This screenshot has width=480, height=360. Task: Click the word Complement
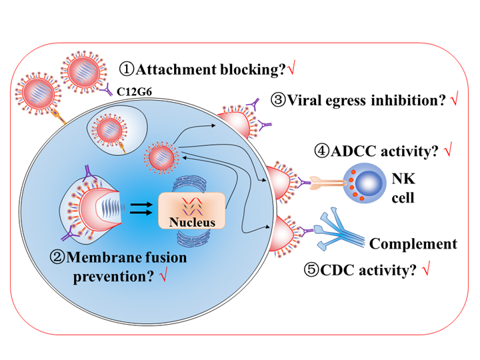pyautogui.click(x=413, y=243)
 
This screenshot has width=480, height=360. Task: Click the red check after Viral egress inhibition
pyautogui.click(x=454, y=101)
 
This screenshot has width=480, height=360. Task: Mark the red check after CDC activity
pyautogui.click(x=426, y=270)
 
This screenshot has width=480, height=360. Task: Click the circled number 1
pyautogui.click(x=127, y=68)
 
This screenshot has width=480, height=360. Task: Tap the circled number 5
pyautogui.click(x=313, y=270)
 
